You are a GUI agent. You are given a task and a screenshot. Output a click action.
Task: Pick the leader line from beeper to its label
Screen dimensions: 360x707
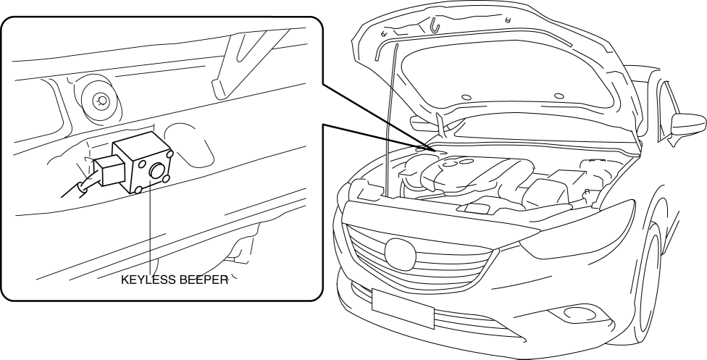pyautogui.click(x=151, y=232)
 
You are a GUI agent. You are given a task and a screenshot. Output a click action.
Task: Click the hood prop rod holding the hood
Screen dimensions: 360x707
pyautogui.click(x=391, y=116)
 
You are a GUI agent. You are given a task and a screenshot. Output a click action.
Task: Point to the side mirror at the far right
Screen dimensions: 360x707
pyautogui.click(x=688, y=120)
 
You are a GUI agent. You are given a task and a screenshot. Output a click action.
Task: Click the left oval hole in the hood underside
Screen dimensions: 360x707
pyautogui.click(x=466, y=96)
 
